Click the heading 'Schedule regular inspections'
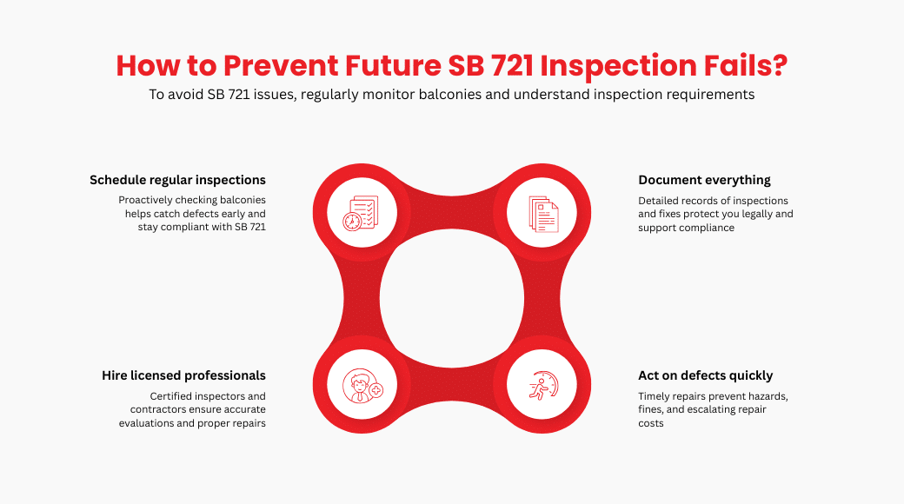point(177,180)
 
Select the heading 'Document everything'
point(704,180)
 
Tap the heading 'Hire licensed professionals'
point(183,375)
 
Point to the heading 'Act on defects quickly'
point(705,375)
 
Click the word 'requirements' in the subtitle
point(711,95)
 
